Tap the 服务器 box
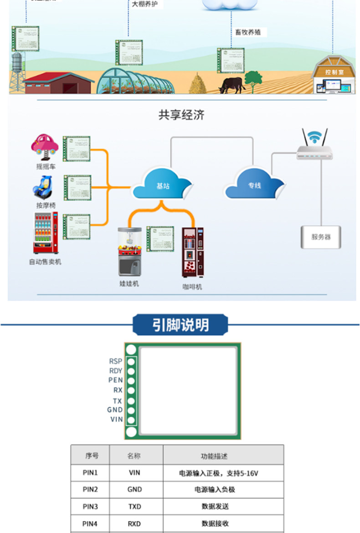321,237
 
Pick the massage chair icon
45,187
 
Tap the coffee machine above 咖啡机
192,252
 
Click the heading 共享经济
181,115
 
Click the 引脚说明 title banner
180,325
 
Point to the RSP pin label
115,361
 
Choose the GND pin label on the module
115,410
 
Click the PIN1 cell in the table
90,473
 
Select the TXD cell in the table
134,506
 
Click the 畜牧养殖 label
248,32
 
